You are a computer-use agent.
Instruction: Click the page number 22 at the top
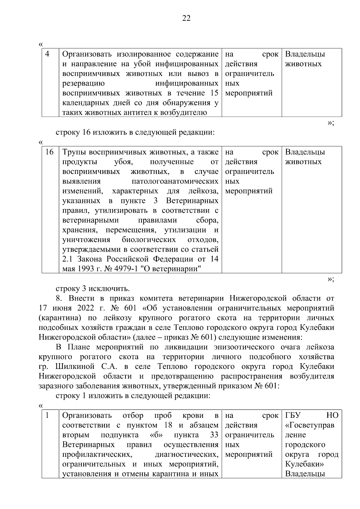(186, 19)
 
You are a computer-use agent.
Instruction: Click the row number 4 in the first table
(47, 54)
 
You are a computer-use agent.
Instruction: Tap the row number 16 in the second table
(49, 152)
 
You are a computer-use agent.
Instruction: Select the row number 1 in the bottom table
(47, 415)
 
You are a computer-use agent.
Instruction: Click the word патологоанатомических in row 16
(175, 181)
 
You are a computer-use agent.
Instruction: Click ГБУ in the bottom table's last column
(292, 415)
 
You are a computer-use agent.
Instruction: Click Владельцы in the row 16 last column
(305, 152)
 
